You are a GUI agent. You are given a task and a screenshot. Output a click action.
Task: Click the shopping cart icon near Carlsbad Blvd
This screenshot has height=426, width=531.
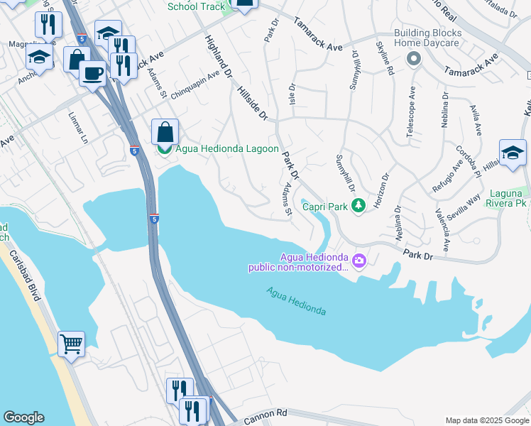click(72, 345)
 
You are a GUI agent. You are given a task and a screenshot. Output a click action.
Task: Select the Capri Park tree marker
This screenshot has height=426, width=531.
click(359, 205)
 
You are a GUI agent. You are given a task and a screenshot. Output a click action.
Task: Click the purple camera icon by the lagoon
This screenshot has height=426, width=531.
click(358, 261)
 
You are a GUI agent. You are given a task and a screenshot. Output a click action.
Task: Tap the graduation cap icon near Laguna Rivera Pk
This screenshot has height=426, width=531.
click(513, 153)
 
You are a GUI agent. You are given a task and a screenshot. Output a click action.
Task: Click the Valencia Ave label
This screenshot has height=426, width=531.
click(444, 231)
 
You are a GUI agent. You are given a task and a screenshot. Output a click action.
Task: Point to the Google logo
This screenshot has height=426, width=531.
click(23, 417)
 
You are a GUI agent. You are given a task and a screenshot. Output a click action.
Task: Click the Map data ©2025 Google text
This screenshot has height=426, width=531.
click(486, 420)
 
